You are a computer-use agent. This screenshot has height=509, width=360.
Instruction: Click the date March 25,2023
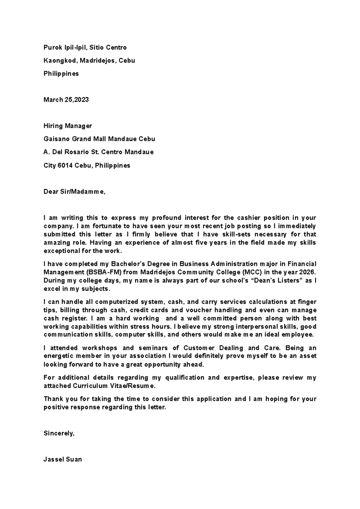pyautogui.click(x=66, y=100)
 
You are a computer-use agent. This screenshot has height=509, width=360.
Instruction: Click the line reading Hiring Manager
pyautogui.click(x=68, y=126)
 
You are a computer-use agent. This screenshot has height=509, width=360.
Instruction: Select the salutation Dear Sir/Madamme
pyautogui.click(x=74, y=192)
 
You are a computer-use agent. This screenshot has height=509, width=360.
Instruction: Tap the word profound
pyautogui.click(x=166, y=218)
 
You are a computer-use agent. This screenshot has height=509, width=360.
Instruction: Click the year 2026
pyautogui.click(x=307, y=272)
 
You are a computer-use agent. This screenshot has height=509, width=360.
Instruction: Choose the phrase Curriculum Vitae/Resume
pyautogui.click(x=114, y=386)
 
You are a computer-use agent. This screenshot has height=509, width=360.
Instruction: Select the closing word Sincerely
pyautogui.click(x=59, y=433)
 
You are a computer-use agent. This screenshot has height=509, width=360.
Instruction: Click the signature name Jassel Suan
pyautogui.click(x=63, y=460)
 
